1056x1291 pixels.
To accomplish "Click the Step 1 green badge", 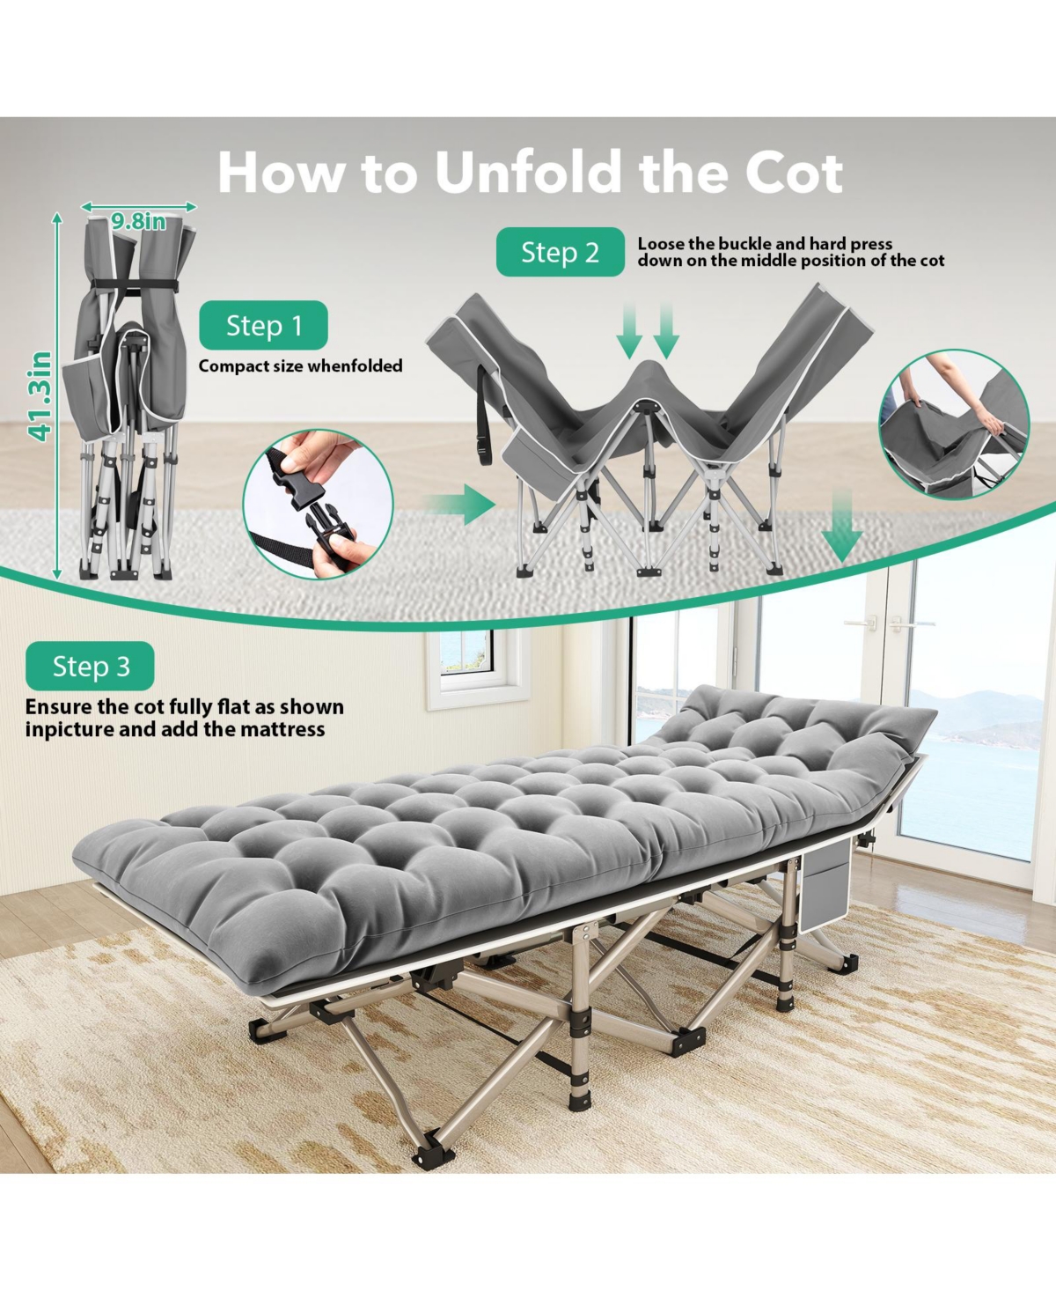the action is coord(264,325).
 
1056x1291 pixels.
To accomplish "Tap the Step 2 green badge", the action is coord(560,252).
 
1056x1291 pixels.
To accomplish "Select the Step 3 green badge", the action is coord(90,666).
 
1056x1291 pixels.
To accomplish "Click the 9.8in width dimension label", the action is coord(138,222).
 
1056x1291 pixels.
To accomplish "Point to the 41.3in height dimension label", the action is coord(41,396).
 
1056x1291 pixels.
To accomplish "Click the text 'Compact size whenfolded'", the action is coord(300,366).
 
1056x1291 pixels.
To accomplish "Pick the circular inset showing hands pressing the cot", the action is coord(955,424).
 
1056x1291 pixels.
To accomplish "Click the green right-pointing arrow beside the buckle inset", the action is coord(460,505).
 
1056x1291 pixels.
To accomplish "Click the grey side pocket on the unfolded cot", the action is coord(825,884).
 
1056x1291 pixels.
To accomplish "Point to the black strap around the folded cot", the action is coord(135,284).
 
